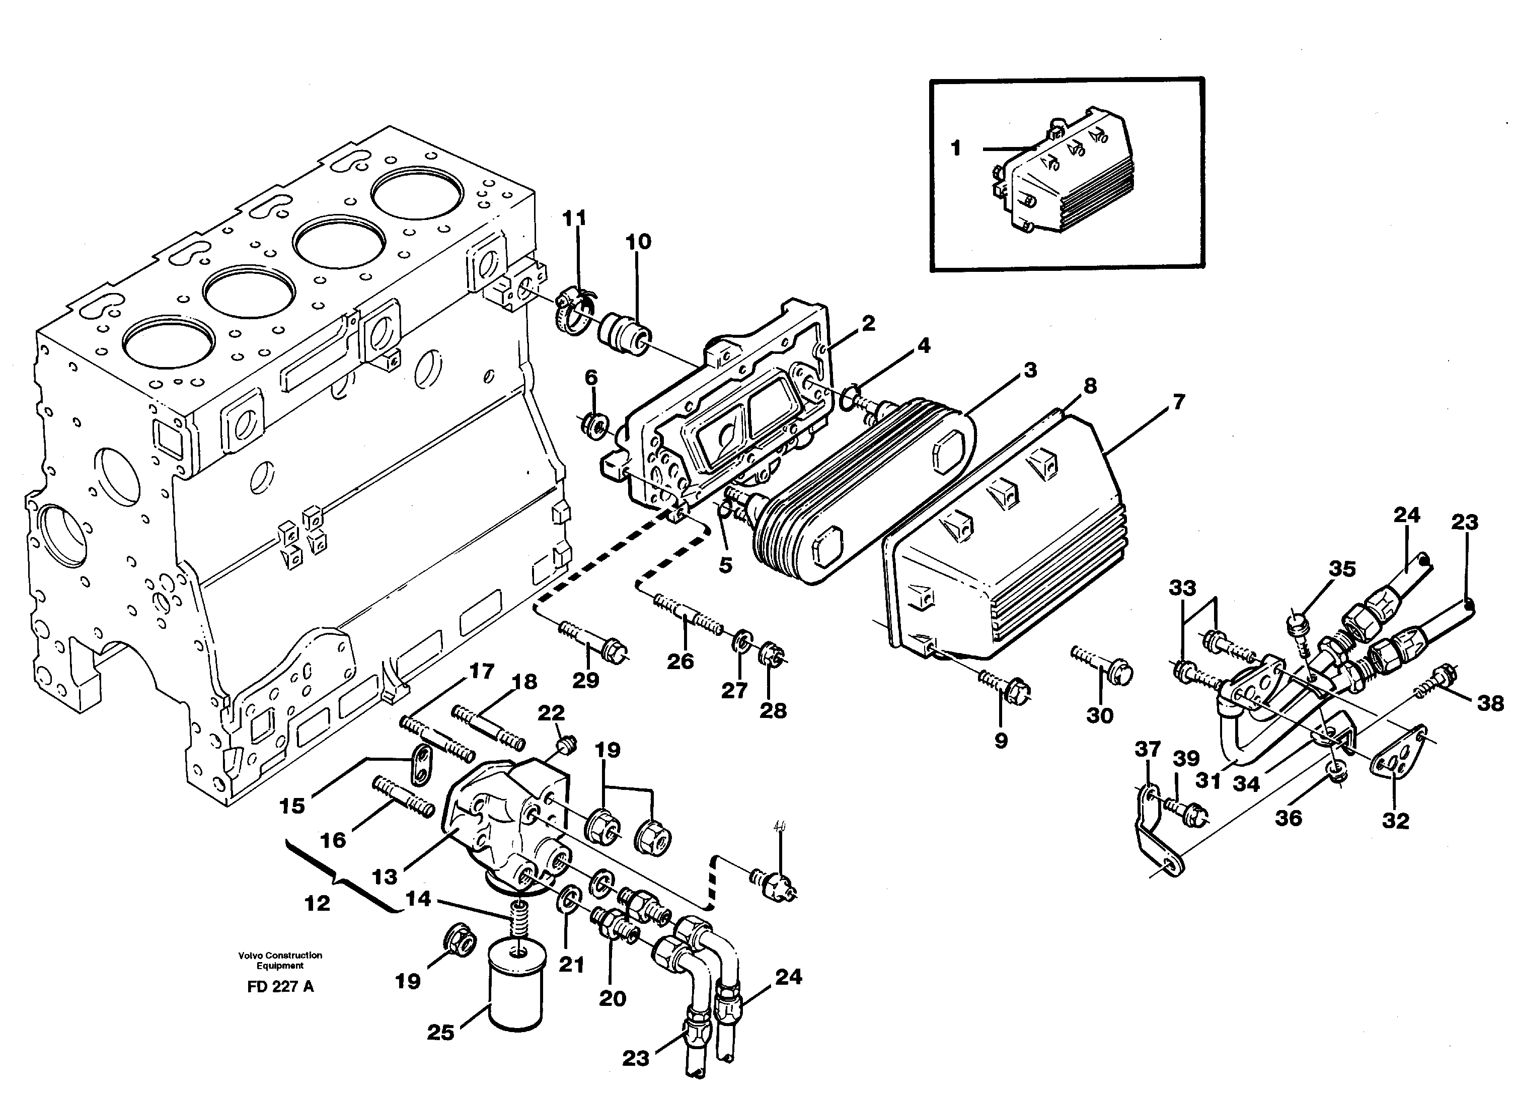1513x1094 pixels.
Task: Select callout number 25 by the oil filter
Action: (x=440, y=1033)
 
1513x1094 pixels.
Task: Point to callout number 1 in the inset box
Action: (x=956, y=148)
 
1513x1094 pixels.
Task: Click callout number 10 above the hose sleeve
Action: (x=638, y=242)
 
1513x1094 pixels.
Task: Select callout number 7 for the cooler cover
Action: (x=1178, y=402)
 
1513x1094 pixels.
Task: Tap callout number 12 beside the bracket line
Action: (x=317, y=903)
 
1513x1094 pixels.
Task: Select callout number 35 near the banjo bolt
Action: (x=1342, y=568)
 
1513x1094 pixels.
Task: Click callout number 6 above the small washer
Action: (x=591, y=378)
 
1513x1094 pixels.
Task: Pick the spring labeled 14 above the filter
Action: (x=516, y=917)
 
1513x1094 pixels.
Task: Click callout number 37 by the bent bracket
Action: (x=1148, y=749)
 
